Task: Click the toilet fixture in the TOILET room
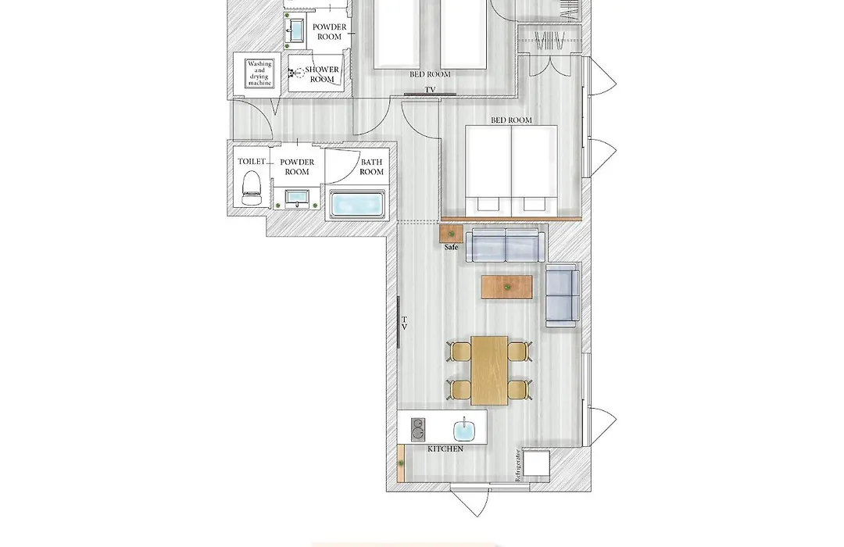[x=252, y=188]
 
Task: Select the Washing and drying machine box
[x=259, y=73]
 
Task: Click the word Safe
[x=451, y=247]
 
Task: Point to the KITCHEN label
[x=445, y=449]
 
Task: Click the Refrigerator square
[x=536, y=463]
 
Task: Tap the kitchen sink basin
[x=464, y=430]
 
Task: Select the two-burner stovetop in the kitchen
[x=418, y=430]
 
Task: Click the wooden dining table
[x=489, y=370]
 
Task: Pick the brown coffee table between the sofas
[x=507, y=287]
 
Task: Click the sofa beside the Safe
[x=504, y=245]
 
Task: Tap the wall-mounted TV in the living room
[x=399, y=322]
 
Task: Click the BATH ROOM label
[x=371, y=167]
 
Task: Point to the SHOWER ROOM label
[x=322, y=74]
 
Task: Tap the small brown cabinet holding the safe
[x=451, y=234]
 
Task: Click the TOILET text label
[x=252, y=162]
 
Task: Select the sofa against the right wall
[x=563, y=295]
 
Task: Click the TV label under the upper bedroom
[x=430, y=89]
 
